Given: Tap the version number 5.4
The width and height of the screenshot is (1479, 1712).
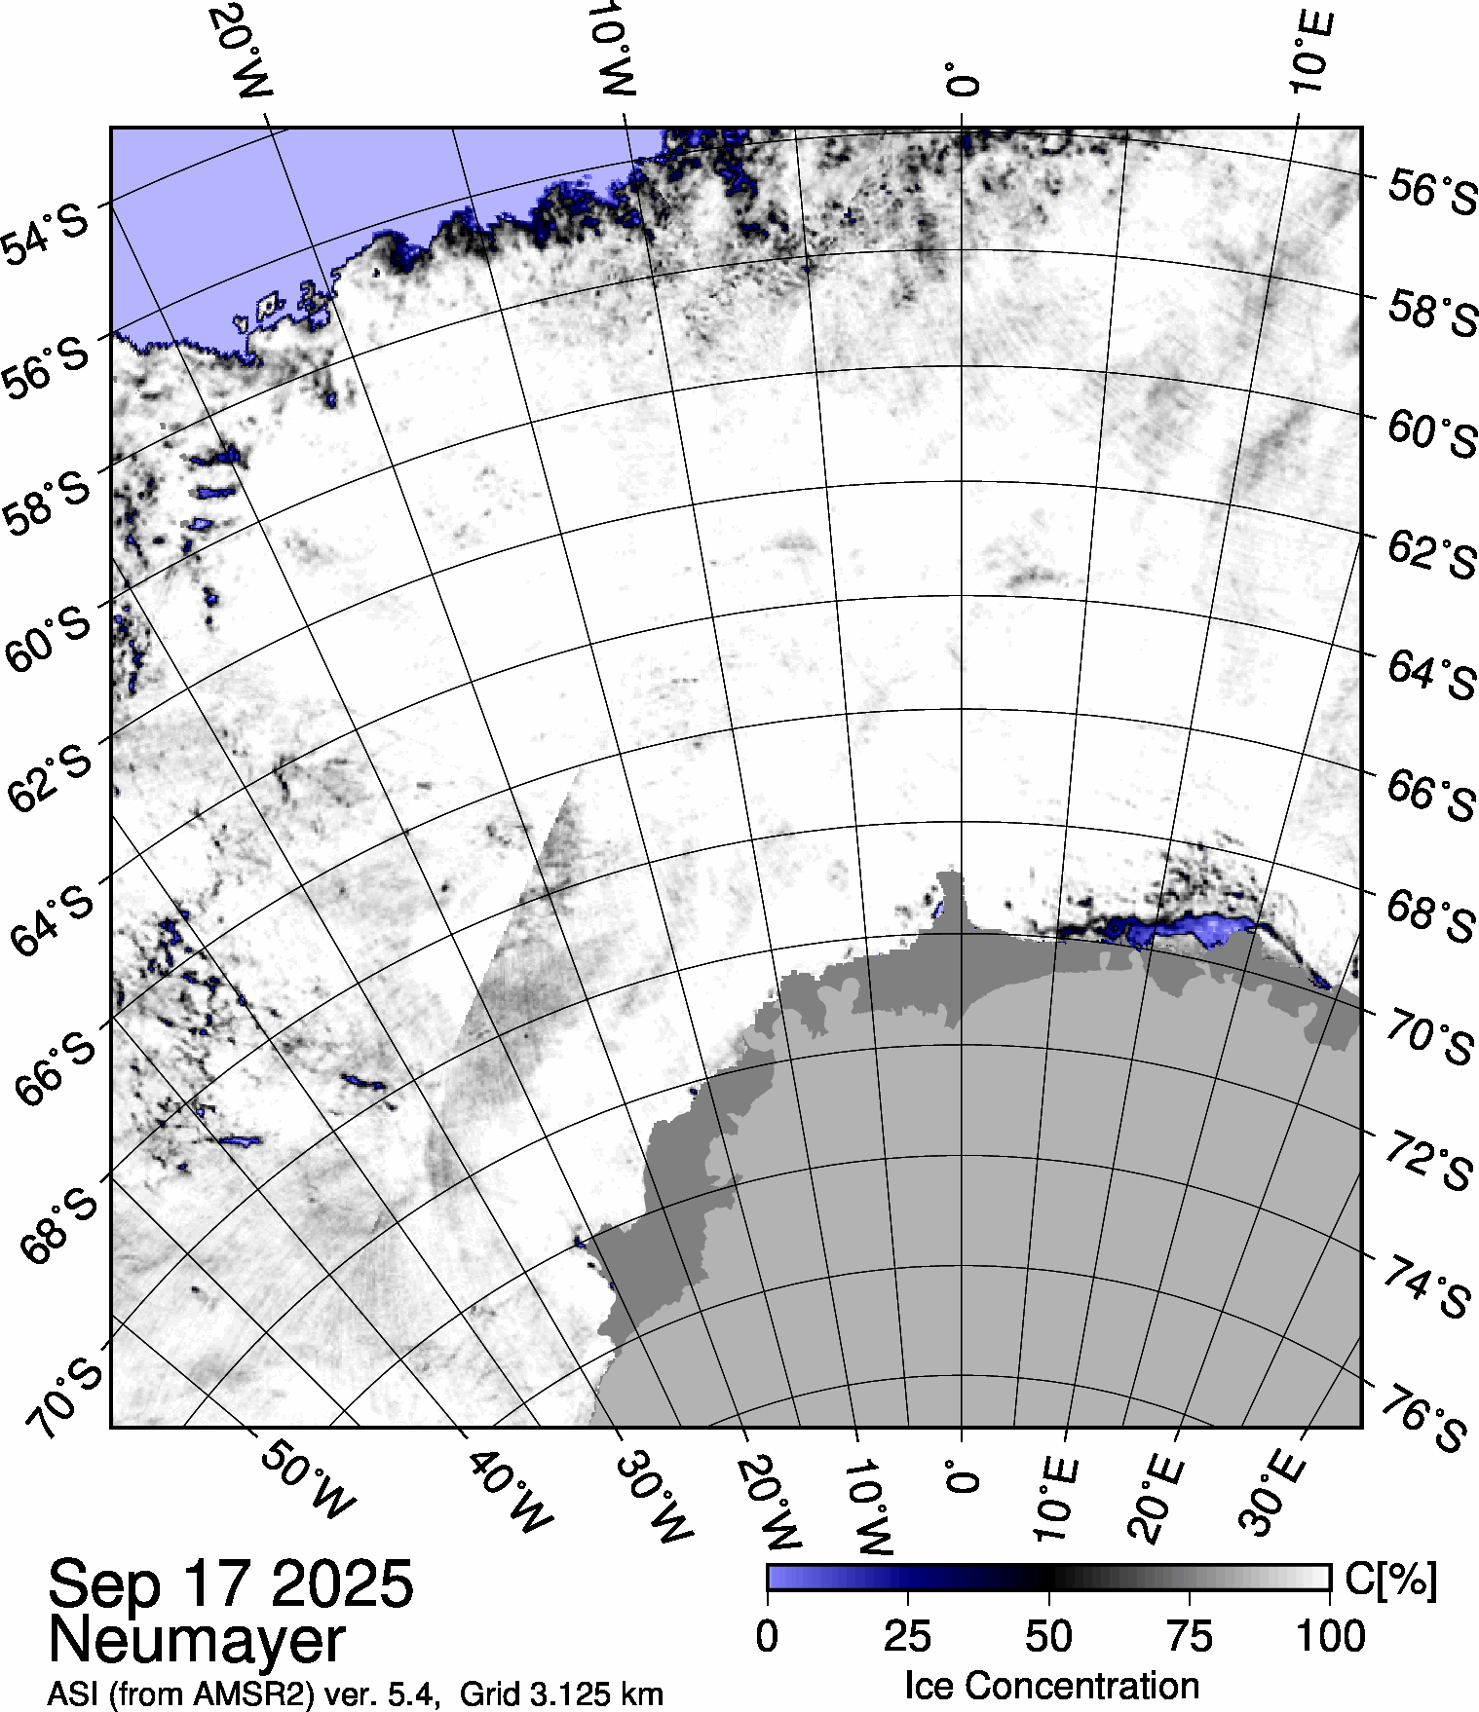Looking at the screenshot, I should (405, 1693).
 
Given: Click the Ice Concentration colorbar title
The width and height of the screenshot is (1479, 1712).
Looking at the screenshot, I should (1051, 1686).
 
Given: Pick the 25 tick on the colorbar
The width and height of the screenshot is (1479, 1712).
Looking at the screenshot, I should (908, 1636).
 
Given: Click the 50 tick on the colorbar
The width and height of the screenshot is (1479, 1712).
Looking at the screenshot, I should (1049, 1636).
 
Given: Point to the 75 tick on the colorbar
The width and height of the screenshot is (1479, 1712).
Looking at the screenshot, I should (1190, 1636).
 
